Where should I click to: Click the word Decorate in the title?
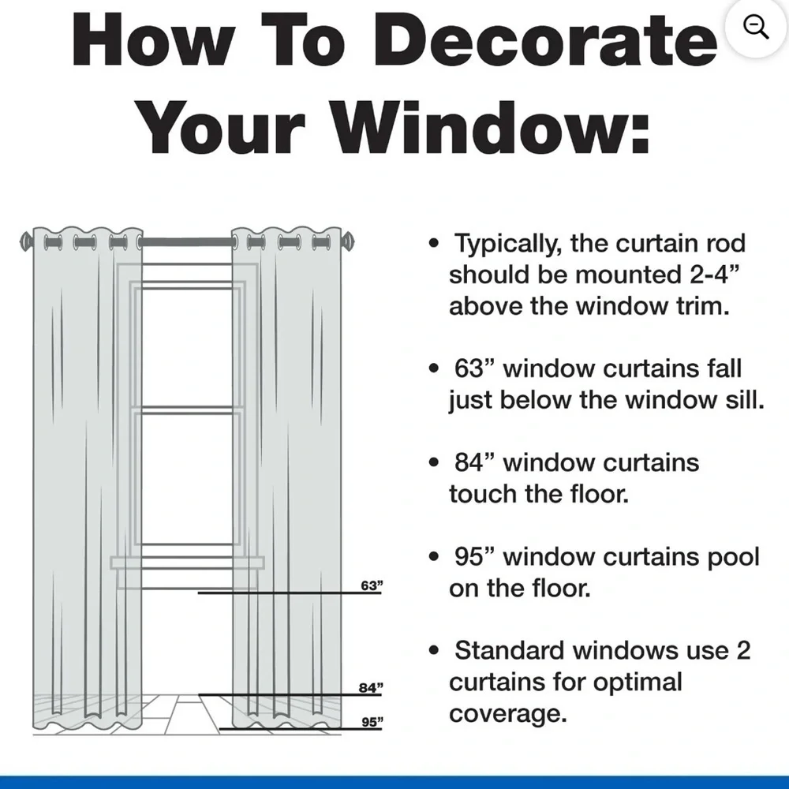(x=545, y=39)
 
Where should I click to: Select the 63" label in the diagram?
(x=372, y=585)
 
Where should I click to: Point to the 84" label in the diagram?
(x=371, y=687)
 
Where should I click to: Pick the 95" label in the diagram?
(x=372, y=722)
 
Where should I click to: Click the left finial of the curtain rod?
(x=26, y=241)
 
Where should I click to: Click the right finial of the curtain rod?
(x=348, y=241)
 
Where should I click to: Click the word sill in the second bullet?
(x=746, y=400)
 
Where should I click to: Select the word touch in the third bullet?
(x=483, y=494)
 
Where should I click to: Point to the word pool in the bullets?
(x=734, y=558)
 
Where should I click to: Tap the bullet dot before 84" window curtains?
(x=434, y=462)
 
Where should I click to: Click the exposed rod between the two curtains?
(x=187, y=242)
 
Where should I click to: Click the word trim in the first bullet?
(x=703, y=306)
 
